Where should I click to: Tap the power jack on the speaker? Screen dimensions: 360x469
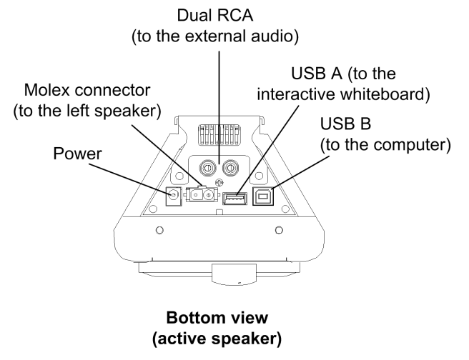[172, 194]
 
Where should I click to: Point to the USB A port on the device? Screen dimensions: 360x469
[234, 197]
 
